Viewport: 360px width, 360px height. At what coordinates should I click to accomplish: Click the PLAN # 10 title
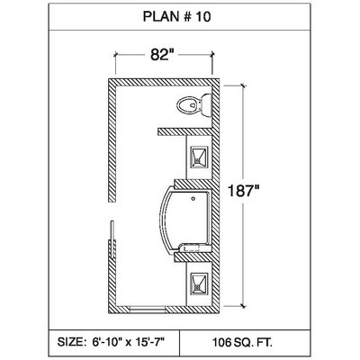tap(176, 17)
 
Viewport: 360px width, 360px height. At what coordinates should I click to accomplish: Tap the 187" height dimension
tap(243, 191)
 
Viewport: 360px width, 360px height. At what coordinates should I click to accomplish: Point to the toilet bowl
tap(189, 105)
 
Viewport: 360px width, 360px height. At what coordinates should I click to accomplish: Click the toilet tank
tap(206, 105)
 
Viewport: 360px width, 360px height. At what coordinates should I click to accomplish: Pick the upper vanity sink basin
tap(198, 156)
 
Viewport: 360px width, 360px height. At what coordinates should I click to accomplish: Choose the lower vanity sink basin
tap(198, 283)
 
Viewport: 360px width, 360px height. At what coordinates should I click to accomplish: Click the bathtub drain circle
tap(193, 198)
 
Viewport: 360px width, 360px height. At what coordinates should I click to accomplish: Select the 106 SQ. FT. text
tap(242, 342)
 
